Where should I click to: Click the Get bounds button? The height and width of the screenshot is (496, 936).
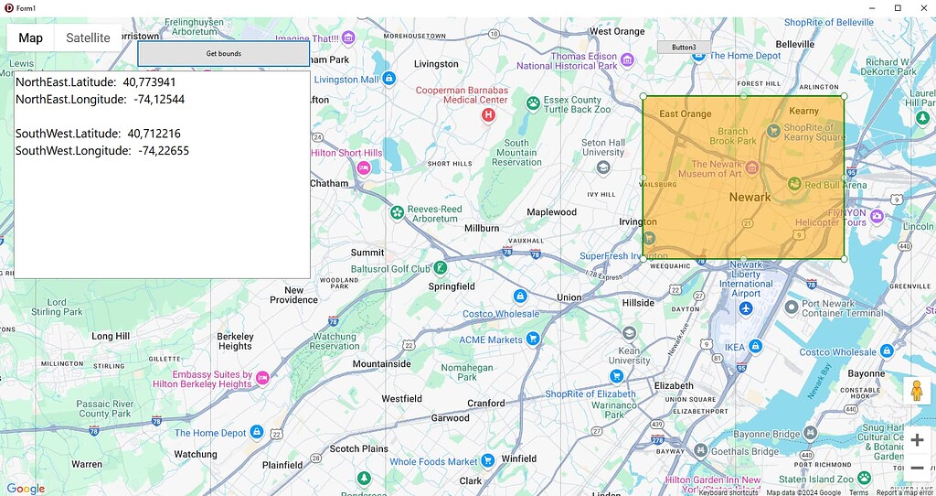tap(224, 54)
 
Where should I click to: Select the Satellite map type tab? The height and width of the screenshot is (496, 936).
tap(88, 38)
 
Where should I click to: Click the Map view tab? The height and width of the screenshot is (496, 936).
tap(30, 38)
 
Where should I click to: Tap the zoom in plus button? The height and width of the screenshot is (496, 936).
tap(917, 440)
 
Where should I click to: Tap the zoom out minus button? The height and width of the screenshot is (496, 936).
tap(917, 469)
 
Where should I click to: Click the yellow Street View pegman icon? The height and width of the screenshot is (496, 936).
tap(917, 390)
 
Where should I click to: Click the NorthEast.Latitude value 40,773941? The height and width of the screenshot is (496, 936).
tap(150, 82)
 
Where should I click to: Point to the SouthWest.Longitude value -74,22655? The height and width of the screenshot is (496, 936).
tap(164, 151)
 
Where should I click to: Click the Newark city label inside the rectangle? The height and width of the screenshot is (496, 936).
tap(750, 197)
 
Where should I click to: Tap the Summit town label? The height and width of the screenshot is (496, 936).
tap(367, 253)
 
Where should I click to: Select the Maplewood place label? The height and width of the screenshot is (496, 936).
tap(552, 212)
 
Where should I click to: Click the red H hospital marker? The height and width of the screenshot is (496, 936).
tap(488, 115)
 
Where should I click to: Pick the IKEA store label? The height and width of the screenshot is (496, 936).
tap(734, 347)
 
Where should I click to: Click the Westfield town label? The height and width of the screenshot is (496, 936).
tap(401, 399)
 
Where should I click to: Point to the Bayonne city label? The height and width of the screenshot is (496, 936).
tap(867, 374)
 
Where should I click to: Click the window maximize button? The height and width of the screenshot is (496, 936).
tap(898, 7)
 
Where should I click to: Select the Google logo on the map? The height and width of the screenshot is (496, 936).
tap(26, 489)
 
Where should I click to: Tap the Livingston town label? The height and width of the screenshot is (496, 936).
tap(436, 64)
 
